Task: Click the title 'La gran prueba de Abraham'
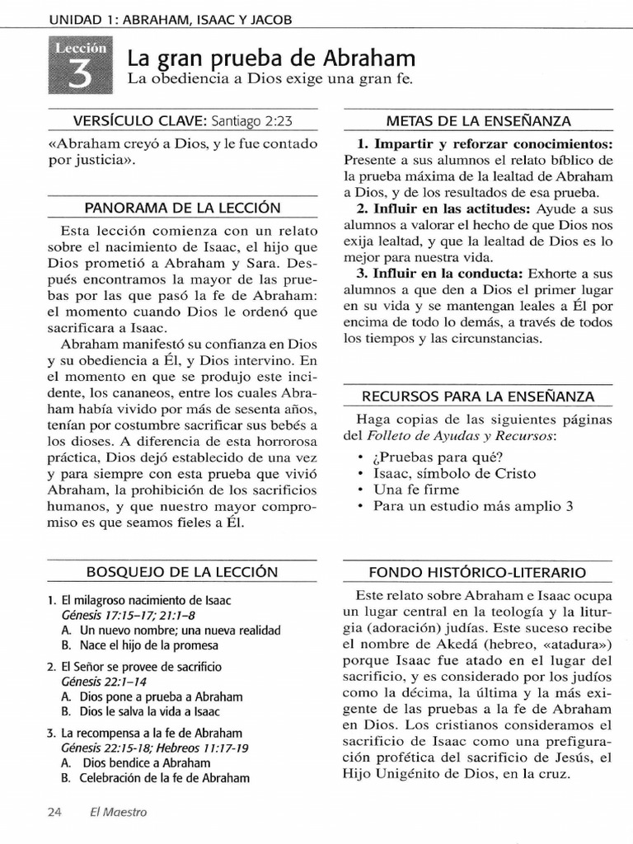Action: (271, 59)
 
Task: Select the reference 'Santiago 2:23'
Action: (251, 120)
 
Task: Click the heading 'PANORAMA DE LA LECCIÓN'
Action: (182, 207)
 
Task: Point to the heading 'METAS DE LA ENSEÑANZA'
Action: (480, 120)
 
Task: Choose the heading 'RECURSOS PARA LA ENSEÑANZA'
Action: (479, 396)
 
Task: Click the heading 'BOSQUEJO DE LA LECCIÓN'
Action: (182, 571)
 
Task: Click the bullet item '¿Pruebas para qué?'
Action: (438, 457)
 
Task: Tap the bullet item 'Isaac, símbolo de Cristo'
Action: (454, 473)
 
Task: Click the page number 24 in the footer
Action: (55, 812)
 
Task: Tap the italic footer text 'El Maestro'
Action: (119, 812)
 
